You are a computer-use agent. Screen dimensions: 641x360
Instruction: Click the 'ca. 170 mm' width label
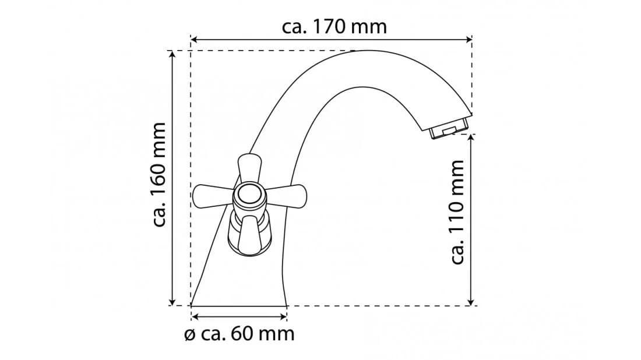[334, 27]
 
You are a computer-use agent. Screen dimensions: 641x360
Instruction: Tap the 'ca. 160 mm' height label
[159, 175]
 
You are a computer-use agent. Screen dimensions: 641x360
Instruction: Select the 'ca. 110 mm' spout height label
[457, 212]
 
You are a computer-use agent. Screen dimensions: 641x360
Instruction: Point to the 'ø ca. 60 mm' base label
[240, 334]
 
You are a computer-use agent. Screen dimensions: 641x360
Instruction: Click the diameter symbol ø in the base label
[190, 335]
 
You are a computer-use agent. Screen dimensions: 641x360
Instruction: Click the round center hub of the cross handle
[249, 194]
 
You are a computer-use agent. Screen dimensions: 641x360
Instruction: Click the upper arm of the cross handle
[250, 168]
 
